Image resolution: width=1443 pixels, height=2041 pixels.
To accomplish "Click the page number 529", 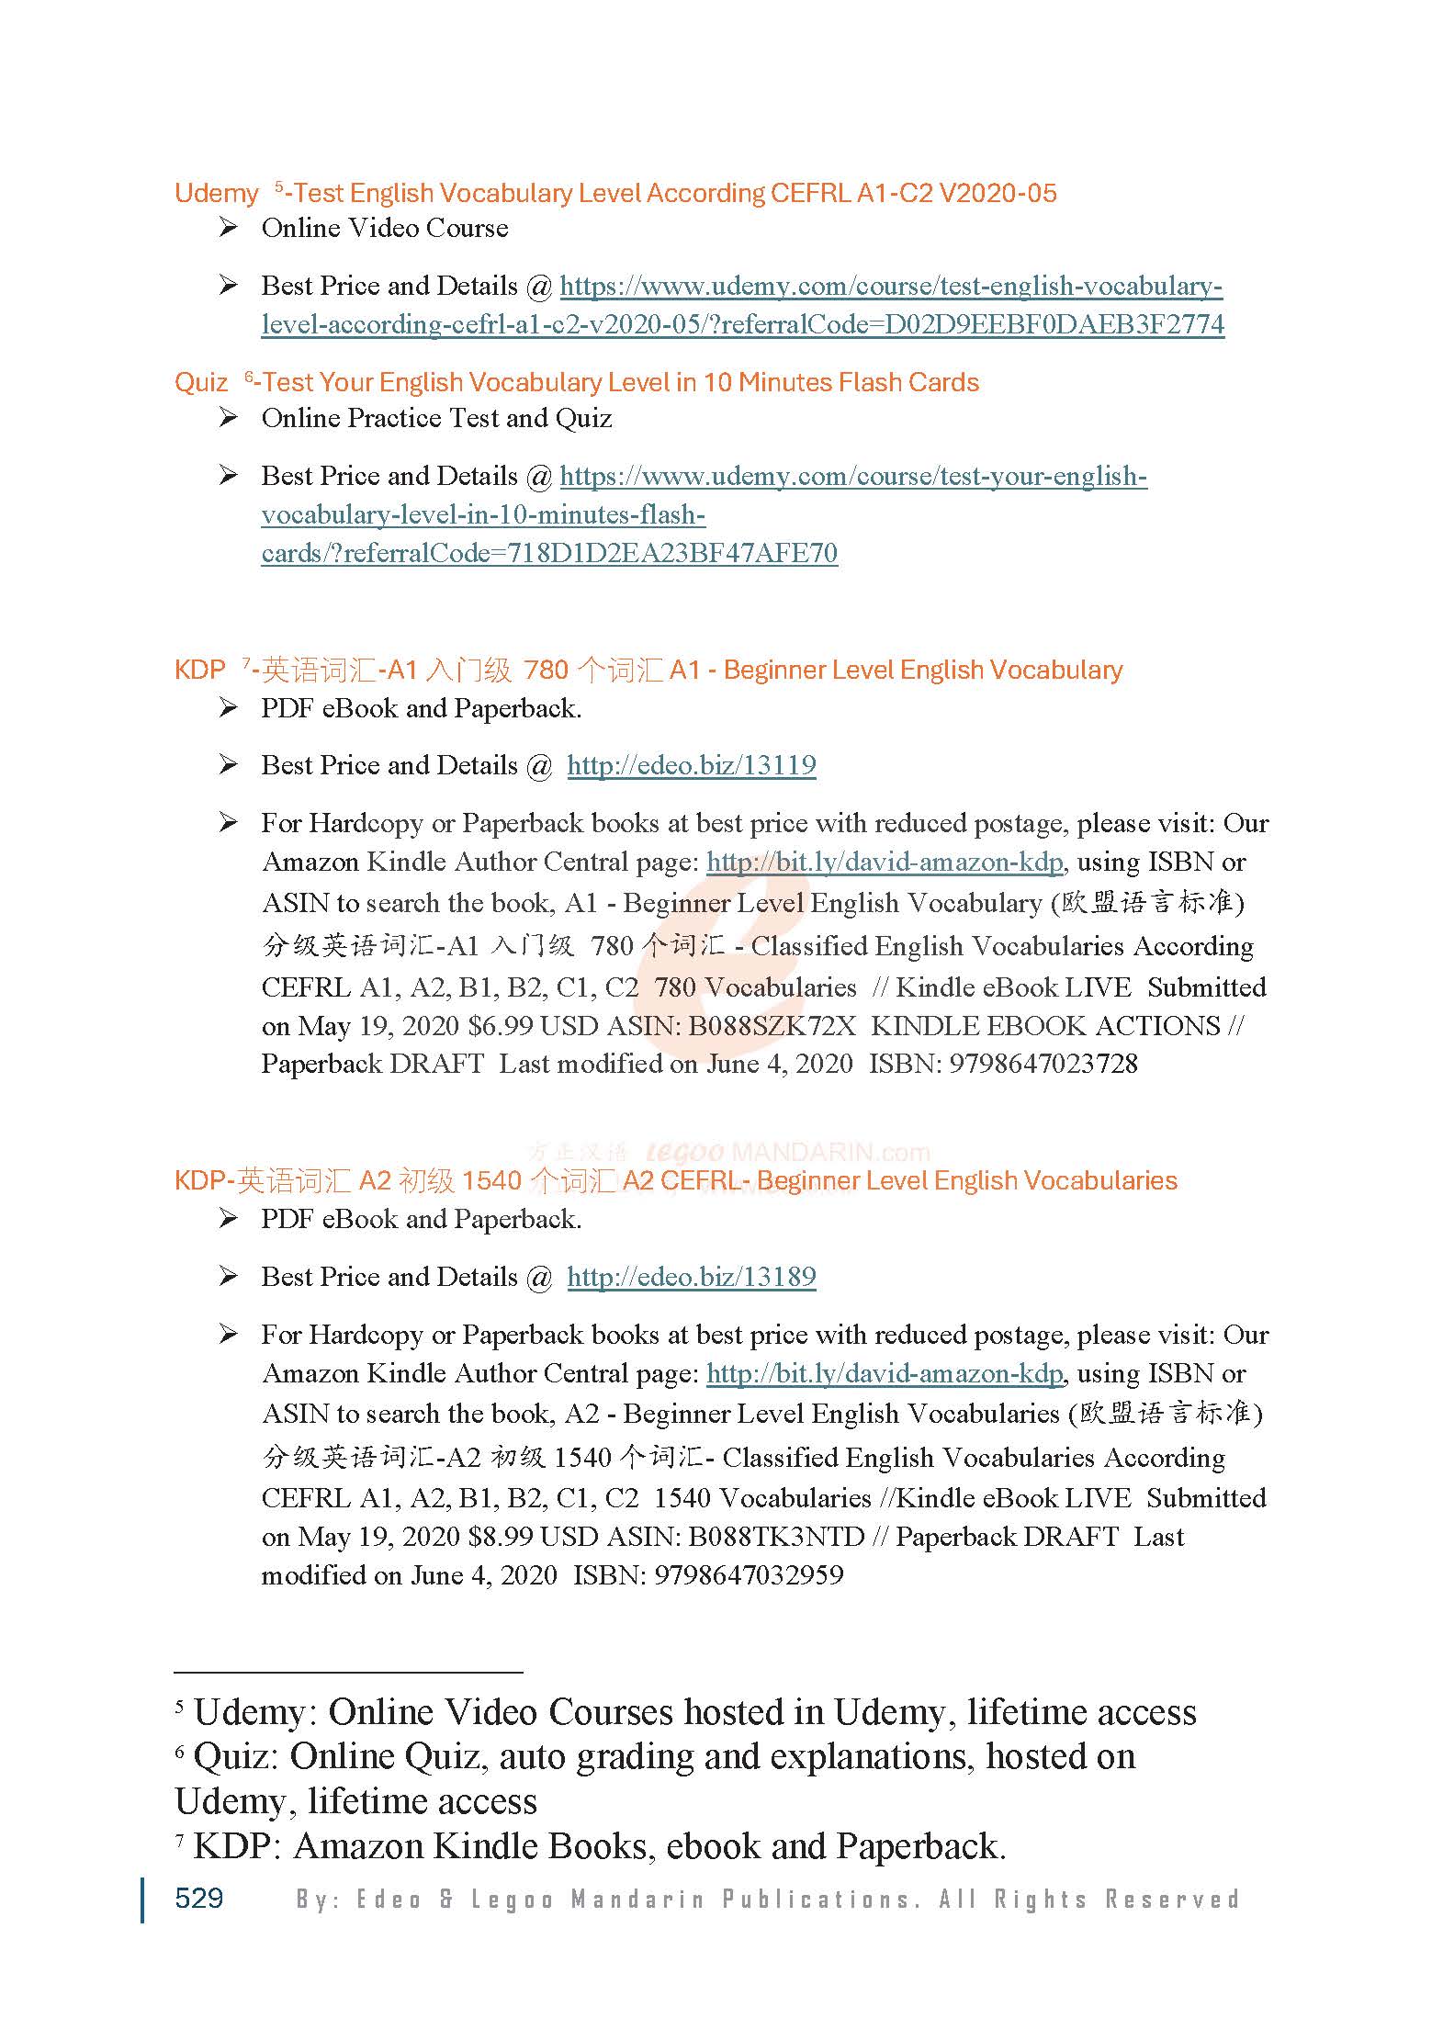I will (x=198, y=1898).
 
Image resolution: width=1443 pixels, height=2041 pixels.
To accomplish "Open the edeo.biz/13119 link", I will (x=691, y=765).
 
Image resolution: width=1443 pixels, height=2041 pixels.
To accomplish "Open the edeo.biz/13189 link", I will (x=691, y=1277).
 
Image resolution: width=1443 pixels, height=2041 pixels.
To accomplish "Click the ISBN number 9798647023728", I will (x=1043, y=1064).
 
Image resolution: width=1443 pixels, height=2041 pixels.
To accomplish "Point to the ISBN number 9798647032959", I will (x=749, y=1575).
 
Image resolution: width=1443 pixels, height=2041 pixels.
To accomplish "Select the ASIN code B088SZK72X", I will (x=772, y=1025).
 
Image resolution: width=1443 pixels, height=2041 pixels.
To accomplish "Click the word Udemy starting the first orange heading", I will (x=217, y=194).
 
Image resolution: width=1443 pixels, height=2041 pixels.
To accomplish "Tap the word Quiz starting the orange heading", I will (x=201, y=383).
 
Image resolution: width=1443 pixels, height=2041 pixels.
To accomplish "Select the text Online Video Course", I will (x=384, y=228).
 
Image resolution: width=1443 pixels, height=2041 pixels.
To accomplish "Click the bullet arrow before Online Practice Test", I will (x=228, y=418).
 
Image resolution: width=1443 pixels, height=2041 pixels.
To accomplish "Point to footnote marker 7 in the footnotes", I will (x=180, y=1841).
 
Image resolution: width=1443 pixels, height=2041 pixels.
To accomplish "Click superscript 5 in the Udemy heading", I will (x=278, y=187).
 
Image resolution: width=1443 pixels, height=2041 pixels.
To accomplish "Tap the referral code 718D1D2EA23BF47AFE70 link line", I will (x=549, y=553).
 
